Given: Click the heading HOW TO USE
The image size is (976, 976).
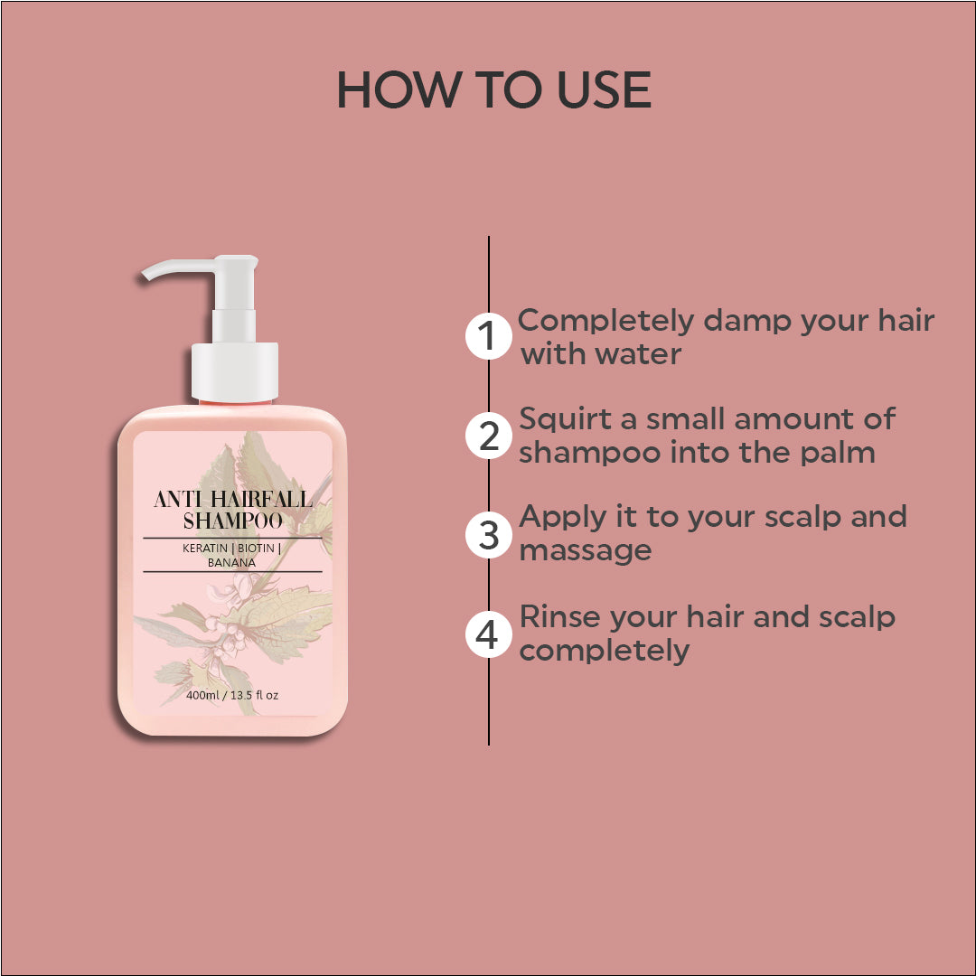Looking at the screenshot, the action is point(493,89).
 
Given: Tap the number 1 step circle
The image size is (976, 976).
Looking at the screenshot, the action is point(489,336).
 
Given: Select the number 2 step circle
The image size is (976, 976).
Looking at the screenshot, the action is point(489,436).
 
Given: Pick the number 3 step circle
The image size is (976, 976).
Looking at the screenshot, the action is point(489,535).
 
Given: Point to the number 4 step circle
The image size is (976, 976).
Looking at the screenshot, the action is point(489,635).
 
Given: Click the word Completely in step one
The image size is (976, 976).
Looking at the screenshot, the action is point(605,322).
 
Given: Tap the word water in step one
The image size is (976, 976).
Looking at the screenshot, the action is point(638,354).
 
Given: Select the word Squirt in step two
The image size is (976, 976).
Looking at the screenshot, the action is point(565,419).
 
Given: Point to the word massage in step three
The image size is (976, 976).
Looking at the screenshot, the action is point(585,552).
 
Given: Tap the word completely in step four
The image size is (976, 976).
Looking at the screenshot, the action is point(605,652).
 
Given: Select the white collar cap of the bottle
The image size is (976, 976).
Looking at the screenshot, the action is point(234,371).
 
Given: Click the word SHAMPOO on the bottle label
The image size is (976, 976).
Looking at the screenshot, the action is point(233,521).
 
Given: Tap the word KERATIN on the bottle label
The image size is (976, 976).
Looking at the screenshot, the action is point(205,549).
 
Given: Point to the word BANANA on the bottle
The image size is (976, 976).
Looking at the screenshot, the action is point(231,563).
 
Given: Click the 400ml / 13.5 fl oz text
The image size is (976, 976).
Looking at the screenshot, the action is point(232,695).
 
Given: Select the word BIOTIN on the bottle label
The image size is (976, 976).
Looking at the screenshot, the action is point(256,549).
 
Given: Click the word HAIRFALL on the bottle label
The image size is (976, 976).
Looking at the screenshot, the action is point(261,499).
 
